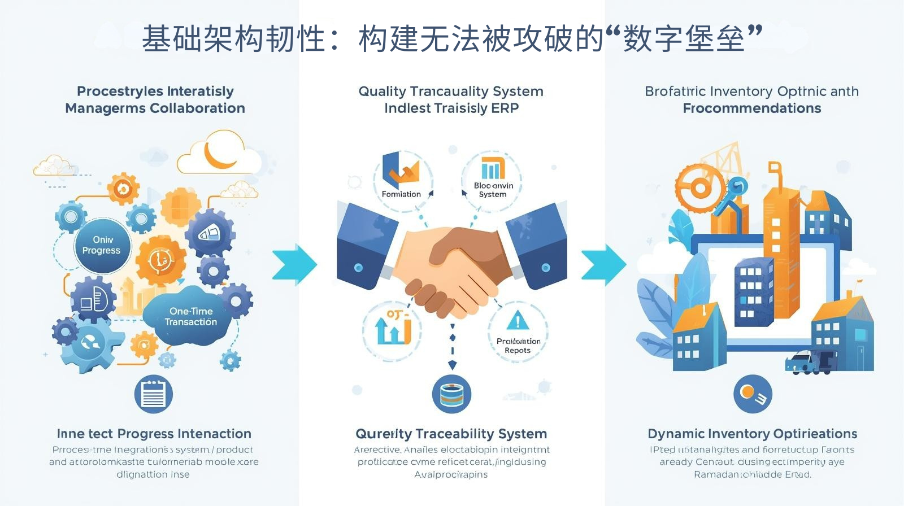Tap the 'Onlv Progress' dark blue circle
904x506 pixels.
pos(102,245)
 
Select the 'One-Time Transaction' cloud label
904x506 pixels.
pos(191,316)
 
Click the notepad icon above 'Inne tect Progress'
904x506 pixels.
pos(153,394)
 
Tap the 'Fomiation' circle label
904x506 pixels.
pos(401,194)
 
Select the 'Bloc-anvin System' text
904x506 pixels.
pos(493,190)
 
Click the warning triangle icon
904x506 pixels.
pos(518,321)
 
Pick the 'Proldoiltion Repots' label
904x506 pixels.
pos(518,346)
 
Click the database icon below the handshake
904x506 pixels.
pos(451,394)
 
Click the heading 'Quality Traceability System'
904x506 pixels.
pos(451,434)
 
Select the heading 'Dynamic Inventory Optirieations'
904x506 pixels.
pos(752,434)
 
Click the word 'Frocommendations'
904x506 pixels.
pos(751,108)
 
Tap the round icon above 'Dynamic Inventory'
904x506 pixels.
pos(752,394)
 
